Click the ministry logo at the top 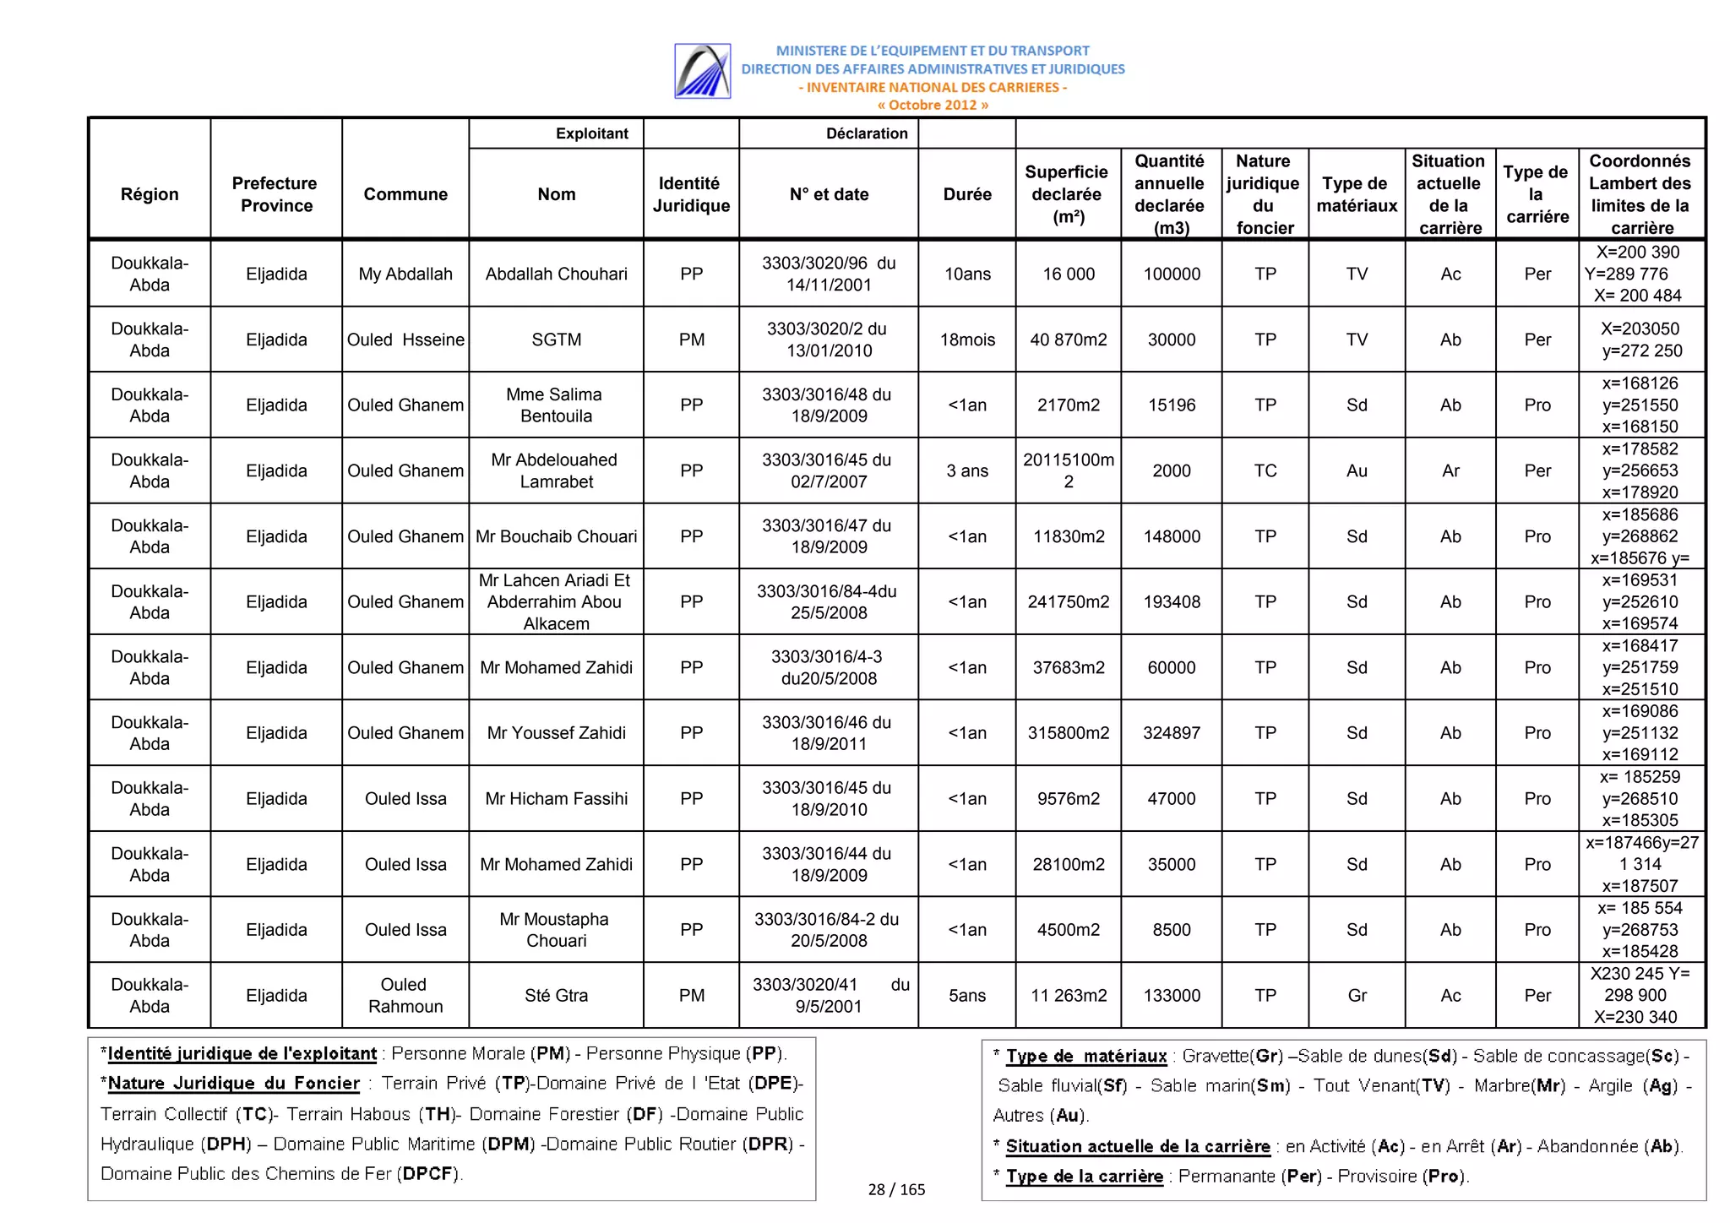(702, 71)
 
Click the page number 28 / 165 (896, 1189)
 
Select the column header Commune (405, 194)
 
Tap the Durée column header (966, 194)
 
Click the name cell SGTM (556, 340)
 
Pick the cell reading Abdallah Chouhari (556, 274)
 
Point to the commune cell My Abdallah (405, 274)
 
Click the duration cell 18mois (966, 340)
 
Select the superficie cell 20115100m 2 (1068, 470)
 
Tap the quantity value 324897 (1171, 733)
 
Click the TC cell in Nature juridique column (1265, 470)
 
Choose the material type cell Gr (1357, 996)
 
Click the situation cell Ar (1450, 470)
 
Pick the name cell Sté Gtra (556, 996)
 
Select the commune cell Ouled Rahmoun (405, 996)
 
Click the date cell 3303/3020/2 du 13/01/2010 (828, 340)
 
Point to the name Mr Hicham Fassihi (556, 799)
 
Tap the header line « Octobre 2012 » (932, 106)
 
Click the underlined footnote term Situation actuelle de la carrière (1137, 1146)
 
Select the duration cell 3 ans (966, 470)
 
